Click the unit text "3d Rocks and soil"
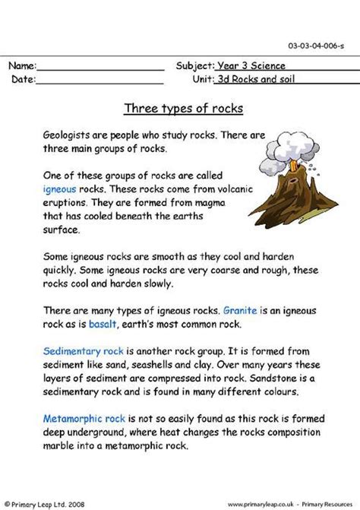pyautogui.click(x=257, y=79)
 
